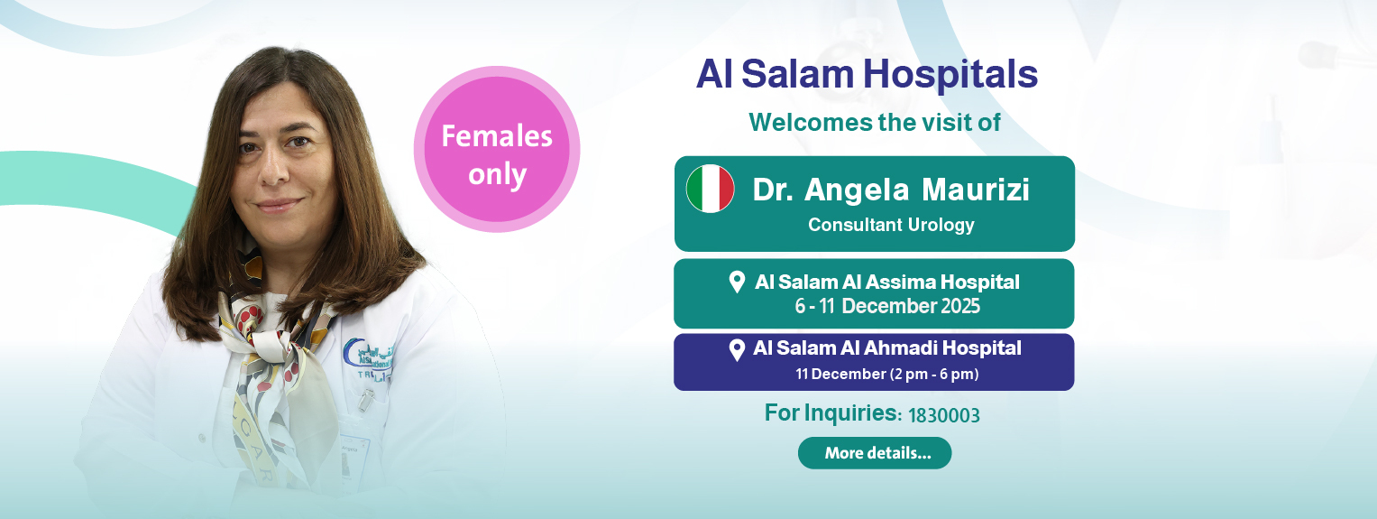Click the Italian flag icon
click(x=710, y=189)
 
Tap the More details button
click(x=875, y=453)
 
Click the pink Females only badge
click(x=497, y=150)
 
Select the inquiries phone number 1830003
click(x=943, y=415)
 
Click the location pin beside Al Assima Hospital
click(x=737, y=282)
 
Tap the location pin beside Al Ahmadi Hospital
click(x=737, y=350)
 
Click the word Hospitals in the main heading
click(x=950, y=75)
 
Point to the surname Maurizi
click(x=976, y=190)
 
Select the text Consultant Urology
click(x=891, y=226)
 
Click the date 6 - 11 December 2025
click(x=887, y=306)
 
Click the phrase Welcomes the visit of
click(x=875, y=123)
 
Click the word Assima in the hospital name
click(x=899, y=282)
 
